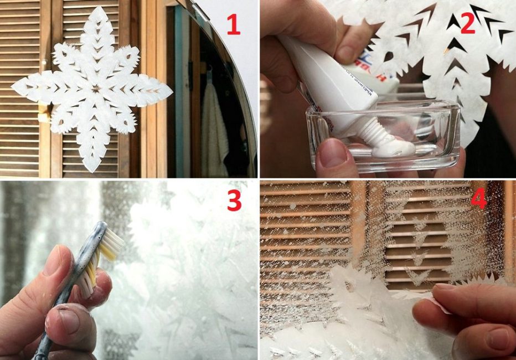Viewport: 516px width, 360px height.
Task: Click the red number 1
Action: tap(233, 24)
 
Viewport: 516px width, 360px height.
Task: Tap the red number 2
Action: tap(467, 23)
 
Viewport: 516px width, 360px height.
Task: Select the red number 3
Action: tap(234, 200)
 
